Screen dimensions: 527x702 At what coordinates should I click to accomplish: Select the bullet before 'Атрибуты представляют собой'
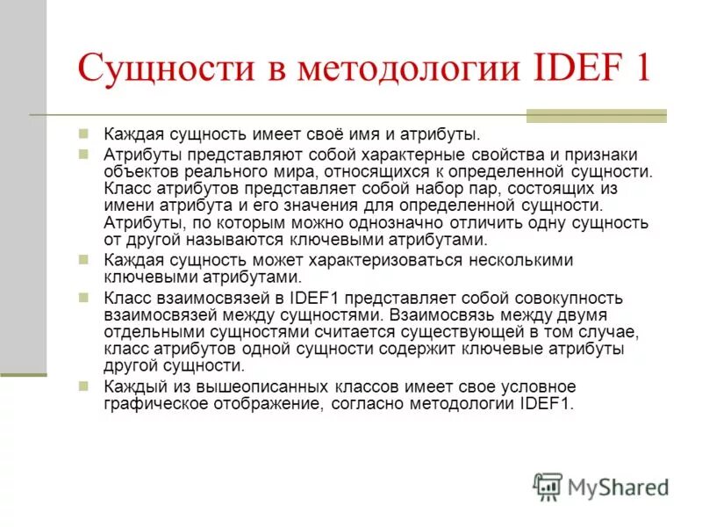point(84,155)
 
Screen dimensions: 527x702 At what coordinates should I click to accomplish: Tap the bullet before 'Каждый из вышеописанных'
point(84,386)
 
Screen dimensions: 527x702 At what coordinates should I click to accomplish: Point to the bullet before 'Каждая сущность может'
point(84,260)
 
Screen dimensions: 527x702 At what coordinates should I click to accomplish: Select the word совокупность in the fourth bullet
point(577,299)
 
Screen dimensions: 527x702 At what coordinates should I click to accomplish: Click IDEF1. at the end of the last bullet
point(545,404)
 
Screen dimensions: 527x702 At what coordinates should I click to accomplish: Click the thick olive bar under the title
point(596,115)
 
